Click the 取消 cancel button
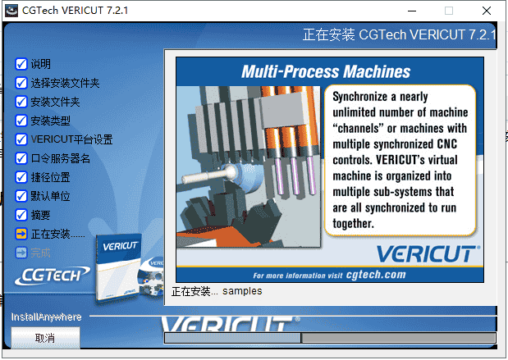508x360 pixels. click(x=45, y=338)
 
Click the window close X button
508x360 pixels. click(x=487, y=11)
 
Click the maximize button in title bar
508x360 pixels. click(x=448, y=11)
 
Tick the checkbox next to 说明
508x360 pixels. click(x=21, y=64)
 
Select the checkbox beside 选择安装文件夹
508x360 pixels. click(x=21, y=83)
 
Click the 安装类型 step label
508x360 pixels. click(x=50, y=121)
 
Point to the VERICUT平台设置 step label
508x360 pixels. click(x=71, y=139)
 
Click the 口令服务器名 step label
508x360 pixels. click(x=60, y=158)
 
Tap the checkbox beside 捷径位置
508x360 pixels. click(x=21, y=177)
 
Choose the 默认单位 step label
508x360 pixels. click(x=50, y=196)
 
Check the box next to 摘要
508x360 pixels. click(x=21, y=215)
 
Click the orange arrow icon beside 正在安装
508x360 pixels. click(x=21, y=234)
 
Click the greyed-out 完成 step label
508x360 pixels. click(x=40, y=252)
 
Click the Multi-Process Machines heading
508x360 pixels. click(x=326, y=71)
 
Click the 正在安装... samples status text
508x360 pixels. click(x=217, y=291)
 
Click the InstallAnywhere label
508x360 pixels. click(x=46, y=317)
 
